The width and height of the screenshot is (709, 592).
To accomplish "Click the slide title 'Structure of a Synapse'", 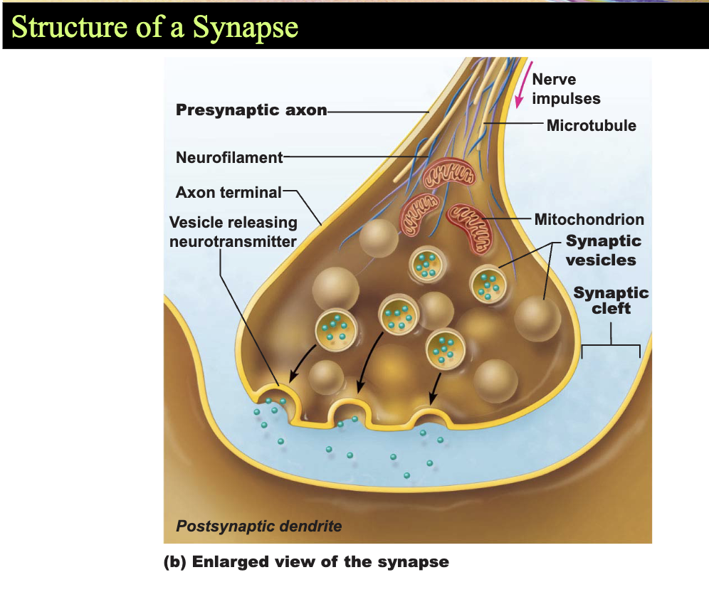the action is coord(154,27).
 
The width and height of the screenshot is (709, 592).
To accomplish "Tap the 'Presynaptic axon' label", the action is coord(251,110).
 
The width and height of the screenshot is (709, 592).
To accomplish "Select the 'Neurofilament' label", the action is coord(229,157).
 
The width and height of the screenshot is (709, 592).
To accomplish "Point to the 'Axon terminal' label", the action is coord(229,192).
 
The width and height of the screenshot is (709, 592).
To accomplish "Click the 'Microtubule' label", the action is coord(592,125).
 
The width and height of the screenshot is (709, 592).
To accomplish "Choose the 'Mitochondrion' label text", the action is coord(589,219).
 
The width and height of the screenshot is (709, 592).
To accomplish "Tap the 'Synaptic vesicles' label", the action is coord(604,250).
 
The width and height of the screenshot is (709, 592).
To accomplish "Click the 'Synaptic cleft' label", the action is coord(611,300).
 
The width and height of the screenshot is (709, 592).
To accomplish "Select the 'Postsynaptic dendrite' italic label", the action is coord(258,526).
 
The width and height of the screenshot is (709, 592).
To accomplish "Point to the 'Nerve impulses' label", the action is coord(566,88).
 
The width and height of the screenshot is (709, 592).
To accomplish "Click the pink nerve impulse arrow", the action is coord(524,85).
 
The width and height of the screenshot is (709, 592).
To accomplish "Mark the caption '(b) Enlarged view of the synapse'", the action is coord(306,561).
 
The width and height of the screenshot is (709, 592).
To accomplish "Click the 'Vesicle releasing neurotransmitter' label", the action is coord(233,231).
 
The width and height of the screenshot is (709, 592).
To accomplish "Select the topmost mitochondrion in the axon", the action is coord(449,173).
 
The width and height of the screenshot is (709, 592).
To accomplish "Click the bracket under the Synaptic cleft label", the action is coord(611,345).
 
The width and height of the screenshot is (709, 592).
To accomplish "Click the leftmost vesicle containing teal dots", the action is coord(336,329).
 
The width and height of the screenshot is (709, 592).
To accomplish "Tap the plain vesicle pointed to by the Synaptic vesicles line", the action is coord(537,319).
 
